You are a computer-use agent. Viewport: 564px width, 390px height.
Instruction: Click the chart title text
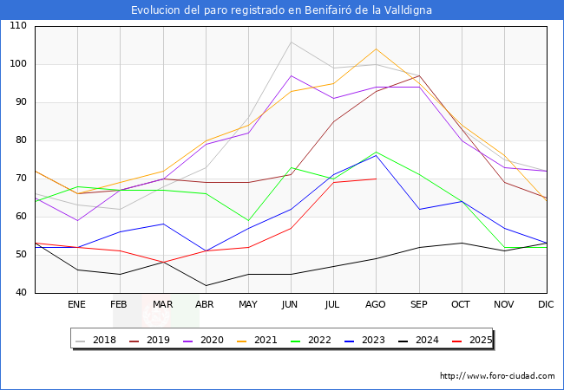282,10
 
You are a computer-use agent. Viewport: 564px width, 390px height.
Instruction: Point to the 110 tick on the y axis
18,26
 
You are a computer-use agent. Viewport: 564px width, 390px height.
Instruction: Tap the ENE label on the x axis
77,304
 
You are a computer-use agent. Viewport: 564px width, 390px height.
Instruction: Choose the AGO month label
376,304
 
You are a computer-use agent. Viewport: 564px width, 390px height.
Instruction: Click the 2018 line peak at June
291,42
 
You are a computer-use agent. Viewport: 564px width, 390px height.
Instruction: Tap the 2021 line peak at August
376,49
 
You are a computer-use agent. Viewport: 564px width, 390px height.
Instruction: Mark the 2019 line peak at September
418,75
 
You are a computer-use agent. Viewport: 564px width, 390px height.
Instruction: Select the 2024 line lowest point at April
206,285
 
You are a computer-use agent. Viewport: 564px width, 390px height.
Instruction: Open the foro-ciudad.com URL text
497,376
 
